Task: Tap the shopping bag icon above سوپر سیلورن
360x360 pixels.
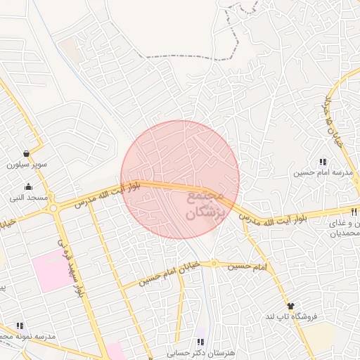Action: (x=27, y=154)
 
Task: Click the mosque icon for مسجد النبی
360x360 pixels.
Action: (x=28, y=187)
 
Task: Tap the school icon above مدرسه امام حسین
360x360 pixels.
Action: (x=323, y=162)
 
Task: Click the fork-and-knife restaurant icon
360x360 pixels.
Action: (x=354, y=211)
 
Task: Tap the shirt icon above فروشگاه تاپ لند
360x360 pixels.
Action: (x=291, y=306)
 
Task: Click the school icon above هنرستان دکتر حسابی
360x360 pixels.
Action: (x=201, y=342)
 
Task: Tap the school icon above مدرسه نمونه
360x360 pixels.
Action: (x=20, y=326)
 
